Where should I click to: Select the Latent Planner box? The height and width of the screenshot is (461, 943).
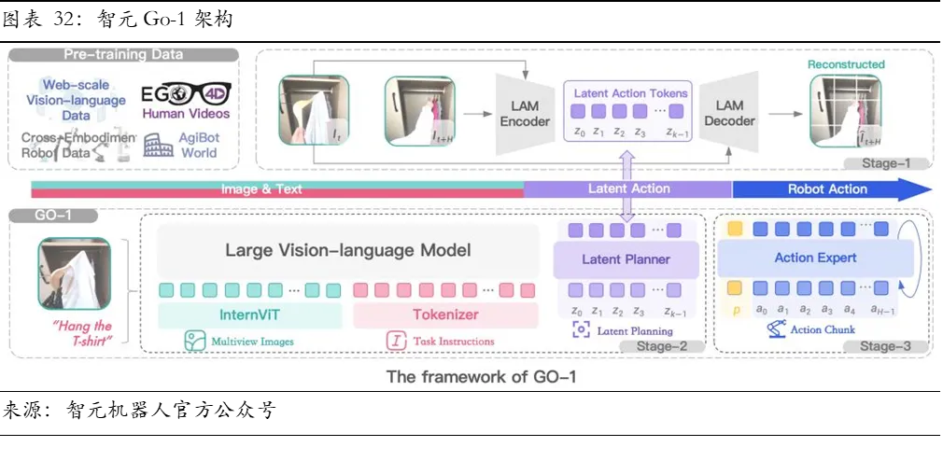pyautogui.click(x=626, y=259)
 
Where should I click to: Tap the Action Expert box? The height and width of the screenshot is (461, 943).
pyautogui.click(x=815, y=258)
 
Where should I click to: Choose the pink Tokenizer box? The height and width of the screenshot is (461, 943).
pyautogui.click(x=445, y=315)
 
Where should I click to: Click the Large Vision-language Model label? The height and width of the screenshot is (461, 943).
pyautogui.click(x=348, y=250)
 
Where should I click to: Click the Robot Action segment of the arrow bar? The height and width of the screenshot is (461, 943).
pyautogui.click(x=827, y=189)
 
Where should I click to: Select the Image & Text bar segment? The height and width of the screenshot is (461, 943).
pyautogui.click(x=261, y=189)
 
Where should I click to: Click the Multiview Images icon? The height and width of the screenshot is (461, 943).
pyautogui.click(x=194, y=341)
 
